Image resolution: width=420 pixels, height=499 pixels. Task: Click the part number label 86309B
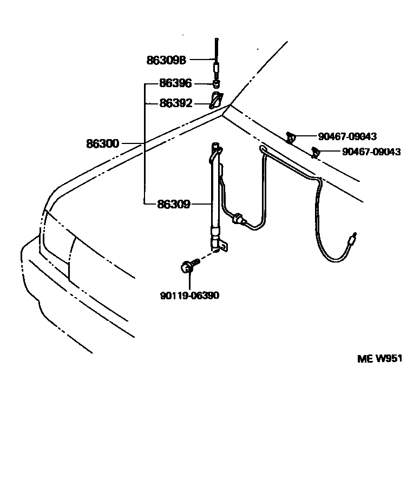[166, 60]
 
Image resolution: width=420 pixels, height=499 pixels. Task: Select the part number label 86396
[175, 84]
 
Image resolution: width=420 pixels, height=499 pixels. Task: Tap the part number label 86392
[175, 102]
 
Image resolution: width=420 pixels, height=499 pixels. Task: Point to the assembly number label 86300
[102, 144]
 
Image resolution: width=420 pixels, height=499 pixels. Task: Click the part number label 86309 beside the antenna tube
[173, 205]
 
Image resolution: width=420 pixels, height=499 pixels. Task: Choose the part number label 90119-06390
[189, 296]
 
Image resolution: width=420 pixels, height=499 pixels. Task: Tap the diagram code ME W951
[380, 358]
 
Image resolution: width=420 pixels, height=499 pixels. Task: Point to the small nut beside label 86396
[215, 84]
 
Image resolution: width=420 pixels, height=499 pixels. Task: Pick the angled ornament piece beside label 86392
[215, 100]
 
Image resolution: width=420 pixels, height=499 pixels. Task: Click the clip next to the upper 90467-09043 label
[291, 137]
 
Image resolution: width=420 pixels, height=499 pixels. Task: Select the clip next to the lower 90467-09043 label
[314, 153]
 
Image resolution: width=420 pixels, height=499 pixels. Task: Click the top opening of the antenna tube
[215, 145]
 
